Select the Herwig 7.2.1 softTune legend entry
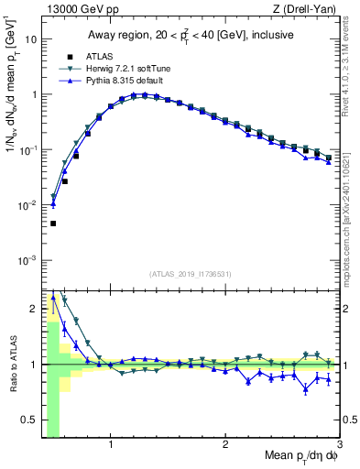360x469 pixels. pos(123,69)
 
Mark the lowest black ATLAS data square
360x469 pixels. pos(53,224)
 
